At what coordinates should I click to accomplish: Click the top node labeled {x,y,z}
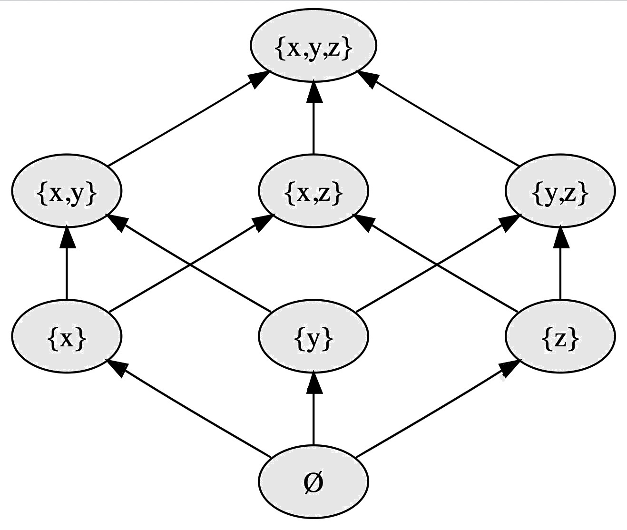313,46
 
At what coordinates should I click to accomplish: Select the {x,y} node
67,191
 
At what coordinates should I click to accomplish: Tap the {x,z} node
313,191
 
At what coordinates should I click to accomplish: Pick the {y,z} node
560,191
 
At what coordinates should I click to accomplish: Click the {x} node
67,337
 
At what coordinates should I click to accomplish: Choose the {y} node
313,337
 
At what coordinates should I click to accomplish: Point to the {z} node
560,337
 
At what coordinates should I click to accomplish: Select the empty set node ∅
313,482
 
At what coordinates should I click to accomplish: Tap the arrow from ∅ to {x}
190,409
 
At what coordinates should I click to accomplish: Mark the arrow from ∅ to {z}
435,409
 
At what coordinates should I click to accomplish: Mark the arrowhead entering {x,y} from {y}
117,223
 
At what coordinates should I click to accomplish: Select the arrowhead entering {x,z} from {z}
364,223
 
